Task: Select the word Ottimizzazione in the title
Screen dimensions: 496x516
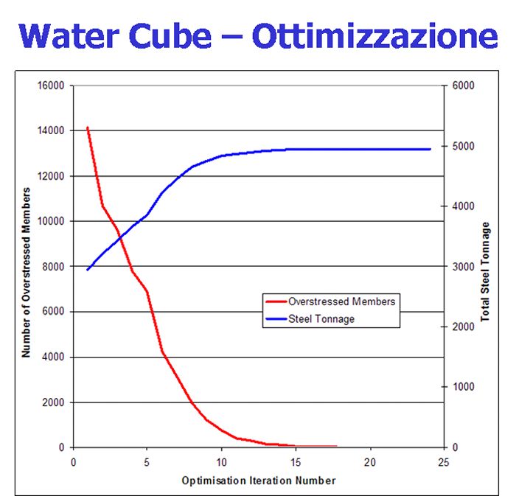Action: [374, 35]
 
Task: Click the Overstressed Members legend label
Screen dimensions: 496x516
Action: [342, 301]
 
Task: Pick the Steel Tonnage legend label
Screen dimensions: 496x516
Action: [321, 319]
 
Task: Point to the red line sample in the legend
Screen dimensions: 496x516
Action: [275, 301]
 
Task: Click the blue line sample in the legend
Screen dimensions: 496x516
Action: [275, 319]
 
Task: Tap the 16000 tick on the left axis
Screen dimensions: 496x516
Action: [52, 85]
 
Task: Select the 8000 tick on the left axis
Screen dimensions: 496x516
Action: [55, 267]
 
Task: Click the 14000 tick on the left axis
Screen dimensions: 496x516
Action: [52, 130]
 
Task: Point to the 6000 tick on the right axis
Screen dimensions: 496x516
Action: [462, 85]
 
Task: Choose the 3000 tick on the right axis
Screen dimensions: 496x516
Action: [462, 267]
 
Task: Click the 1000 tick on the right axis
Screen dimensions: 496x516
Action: [462, 387]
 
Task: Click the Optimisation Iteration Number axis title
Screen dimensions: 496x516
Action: [259, 481]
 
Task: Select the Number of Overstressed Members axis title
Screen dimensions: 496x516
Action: [26, 273]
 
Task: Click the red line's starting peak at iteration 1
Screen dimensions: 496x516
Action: [88, 128]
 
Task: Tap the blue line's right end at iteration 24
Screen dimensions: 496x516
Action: [430, 149]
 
